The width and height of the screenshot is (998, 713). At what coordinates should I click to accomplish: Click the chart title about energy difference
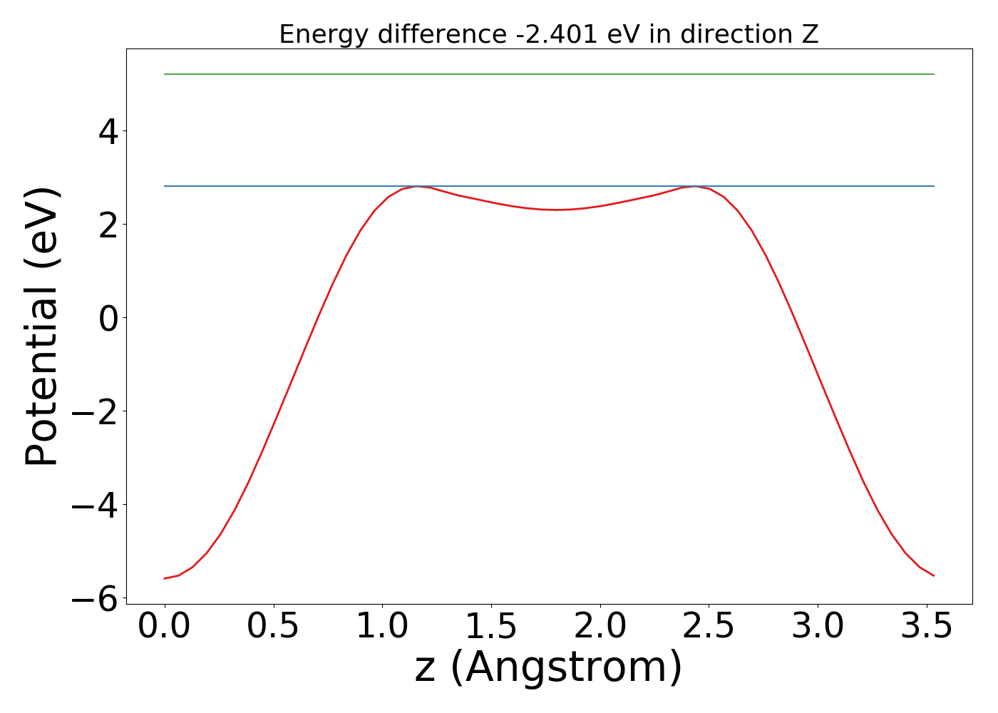tap(548, 34)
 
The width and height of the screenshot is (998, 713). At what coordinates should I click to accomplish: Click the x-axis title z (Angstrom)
tap(548, 667)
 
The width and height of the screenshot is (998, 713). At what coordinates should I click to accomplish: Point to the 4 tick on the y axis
tap(108, 131)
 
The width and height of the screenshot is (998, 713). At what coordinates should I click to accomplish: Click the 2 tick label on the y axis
tap(108, 225)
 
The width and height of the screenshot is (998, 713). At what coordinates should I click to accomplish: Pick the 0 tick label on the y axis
tap(108, 318)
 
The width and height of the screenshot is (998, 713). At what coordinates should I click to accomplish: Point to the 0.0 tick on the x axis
tap(165, 627)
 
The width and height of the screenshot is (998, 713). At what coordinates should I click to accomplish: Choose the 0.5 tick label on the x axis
tap(274, 627)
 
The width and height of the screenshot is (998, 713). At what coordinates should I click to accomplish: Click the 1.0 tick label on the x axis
tap(383, 627)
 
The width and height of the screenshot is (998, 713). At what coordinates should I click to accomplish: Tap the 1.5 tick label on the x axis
tap(492, 627)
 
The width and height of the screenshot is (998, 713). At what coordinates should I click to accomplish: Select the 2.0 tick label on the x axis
tap(601, 627)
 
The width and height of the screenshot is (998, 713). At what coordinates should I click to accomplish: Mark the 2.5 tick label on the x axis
tap(709, 627)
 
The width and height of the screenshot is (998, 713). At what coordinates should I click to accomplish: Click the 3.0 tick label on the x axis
tap(818, 627)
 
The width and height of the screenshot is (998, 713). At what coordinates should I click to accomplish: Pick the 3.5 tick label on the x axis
tap(927, 627)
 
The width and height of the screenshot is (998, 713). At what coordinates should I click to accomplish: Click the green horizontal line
tap(548, 74)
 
